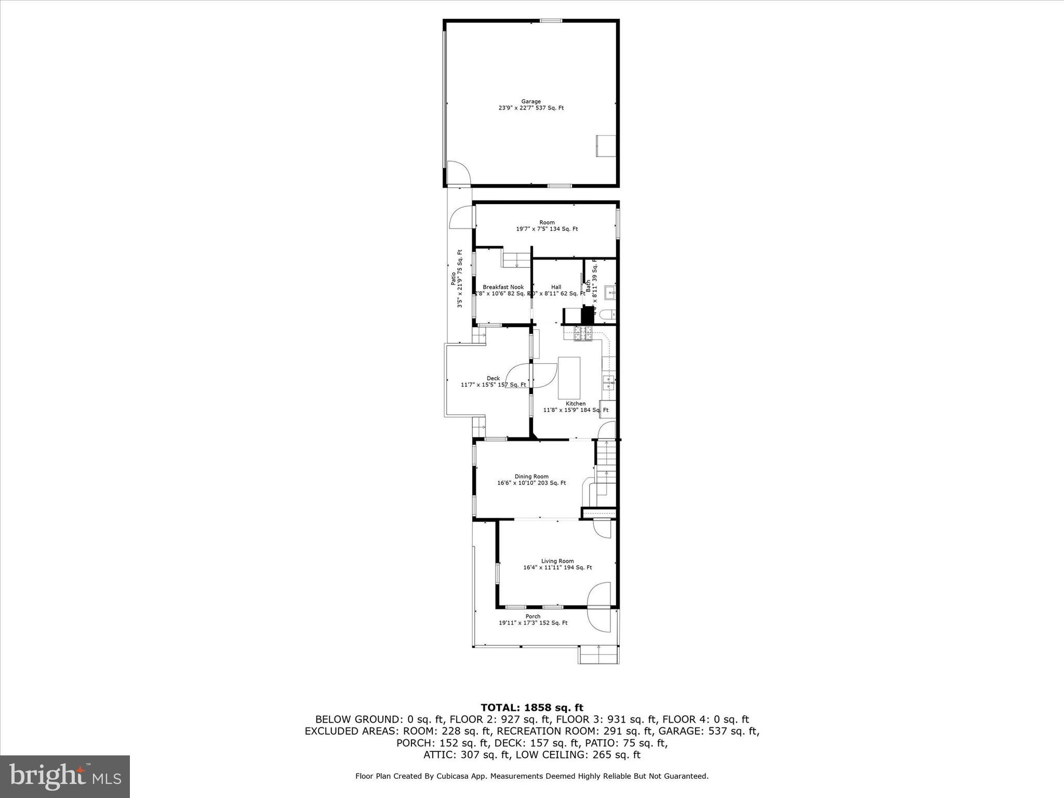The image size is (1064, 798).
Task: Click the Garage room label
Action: click(531, 105)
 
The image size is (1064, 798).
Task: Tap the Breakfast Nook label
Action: click(503, 290)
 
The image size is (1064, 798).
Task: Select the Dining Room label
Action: click(531, 480)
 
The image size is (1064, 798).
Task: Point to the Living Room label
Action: click(557, 564)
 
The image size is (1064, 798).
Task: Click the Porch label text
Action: click(533, 619)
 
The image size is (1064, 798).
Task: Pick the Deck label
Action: click(493, 381)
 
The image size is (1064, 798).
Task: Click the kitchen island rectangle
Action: click(569, 377)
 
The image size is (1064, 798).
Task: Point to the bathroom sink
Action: click(610, 292)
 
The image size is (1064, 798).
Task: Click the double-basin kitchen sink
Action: click(608, 383)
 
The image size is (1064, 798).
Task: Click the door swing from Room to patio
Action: click(462, 218)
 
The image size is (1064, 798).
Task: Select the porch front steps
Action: click(598, 655)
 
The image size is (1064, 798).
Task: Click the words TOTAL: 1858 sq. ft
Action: click(531, 708)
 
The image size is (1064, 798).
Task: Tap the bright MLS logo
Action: click(65, 776)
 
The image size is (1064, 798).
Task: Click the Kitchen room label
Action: click(576, 407)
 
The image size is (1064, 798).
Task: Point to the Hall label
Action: click(556, 290)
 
